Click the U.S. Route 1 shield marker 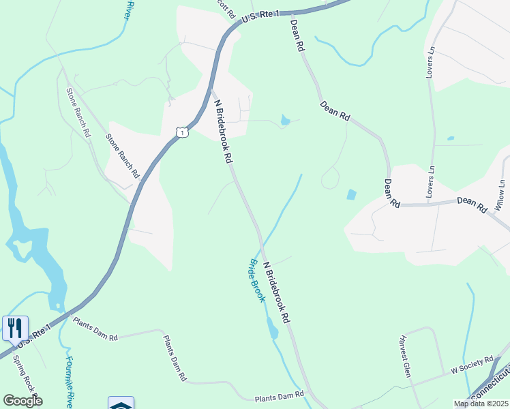click(181, 131)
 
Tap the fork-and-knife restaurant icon click(15, 328)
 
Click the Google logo click(22, 401)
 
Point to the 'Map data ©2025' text click(480, 404)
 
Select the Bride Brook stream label click(256, 281)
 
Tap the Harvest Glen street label click(406, 357)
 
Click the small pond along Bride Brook click(273, 331)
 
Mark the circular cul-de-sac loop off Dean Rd click(331, 179)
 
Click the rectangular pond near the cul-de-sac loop click(351, 194)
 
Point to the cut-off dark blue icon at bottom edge click(121, 404)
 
